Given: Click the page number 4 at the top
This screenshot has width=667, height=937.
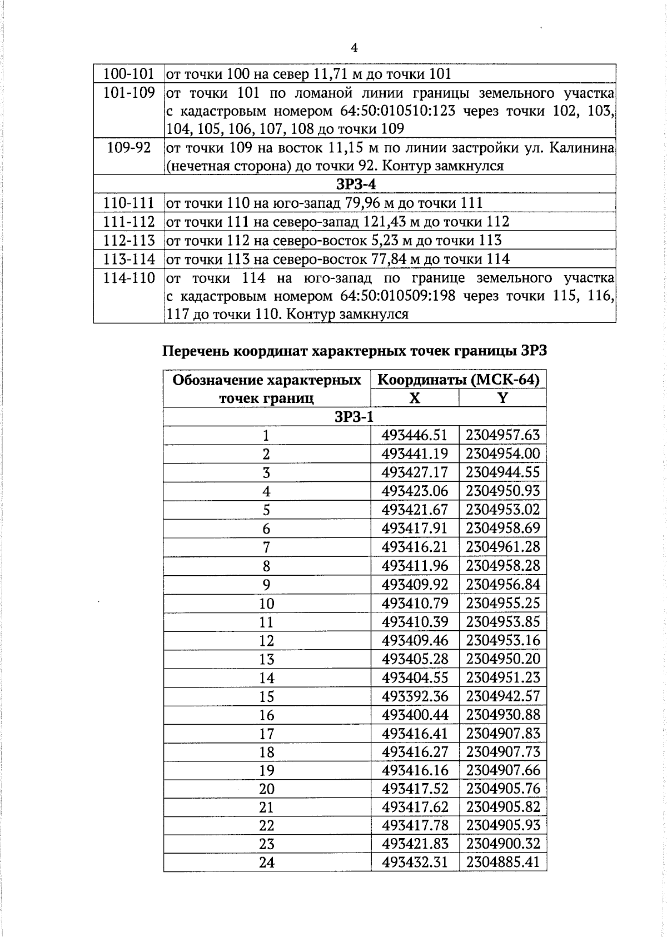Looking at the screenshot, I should (x=355, y=48).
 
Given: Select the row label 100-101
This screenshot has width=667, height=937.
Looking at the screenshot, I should (x=129, y=74).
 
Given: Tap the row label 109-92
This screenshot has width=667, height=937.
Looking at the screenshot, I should (x=129, y=148).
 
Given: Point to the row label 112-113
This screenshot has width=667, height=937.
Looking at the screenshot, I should (x=129, y=241).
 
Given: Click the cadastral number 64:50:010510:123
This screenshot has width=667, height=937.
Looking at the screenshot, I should (x=397, y=111).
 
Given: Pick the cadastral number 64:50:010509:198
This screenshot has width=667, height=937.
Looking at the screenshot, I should (x=397, y=296).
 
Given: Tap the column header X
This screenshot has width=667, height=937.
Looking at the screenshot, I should (x=415, y=398).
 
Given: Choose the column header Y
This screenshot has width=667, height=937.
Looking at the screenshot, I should (x=502, y=398).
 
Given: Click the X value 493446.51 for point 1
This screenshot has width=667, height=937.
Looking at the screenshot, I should (x=415, y=435).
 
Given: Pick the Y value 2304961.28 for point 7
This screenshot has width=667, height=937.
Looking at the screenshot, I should (x=503, y=547).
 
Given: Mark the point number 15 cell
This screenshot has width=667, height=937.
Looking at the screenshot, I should (x=267, y=696).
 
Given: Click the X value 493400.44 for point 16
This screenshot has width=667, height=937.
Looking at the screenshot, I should (x=415, y=715).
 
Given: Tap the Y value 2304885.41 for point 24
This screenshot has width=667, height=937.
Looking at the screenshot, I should (x=503, y=863).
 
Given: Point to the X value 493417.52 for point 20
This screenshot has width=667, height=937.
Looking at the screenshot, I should (x=415, y=789).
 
